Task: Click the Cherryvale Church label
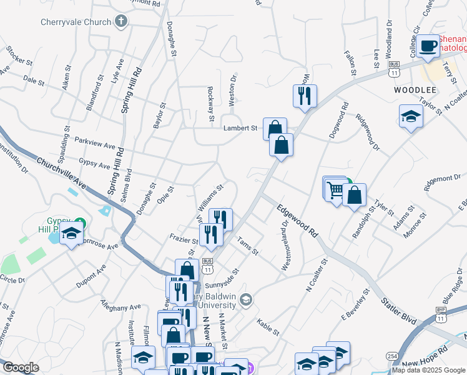[x=75, y=22]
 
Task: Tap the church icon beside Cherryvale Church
[x=122, y=22]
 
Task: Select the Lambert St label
[x=240, y=128]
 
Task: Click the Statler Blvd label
[x=398, y=310]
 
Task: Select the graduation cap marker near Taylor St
[x=410, y=116]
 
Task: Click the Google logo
[x=20, y=368]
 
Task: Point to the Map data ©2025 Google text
[x=428, y=370]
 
